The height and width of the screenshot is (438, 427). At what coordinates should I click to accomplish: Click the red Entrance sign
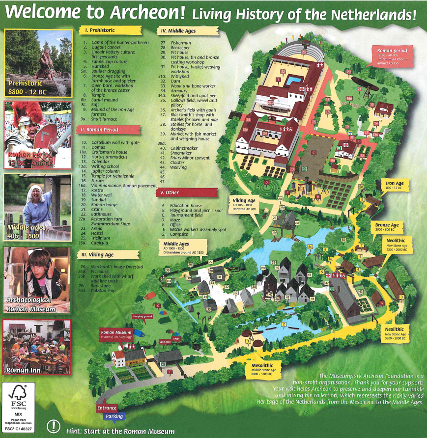pyautogui.click(x=107, y=408)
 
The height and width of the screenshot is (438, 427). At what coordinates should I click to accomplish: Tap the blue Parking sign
pyautogui.click(x=114, y=416)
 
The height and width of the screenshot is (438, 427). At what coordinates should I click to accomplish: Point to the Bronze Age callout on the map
pyautogui.click(x=388, y=228)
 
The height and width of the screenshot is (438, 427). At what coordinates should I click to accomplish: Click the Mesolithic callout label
pyautogui.click(x=262, y=369)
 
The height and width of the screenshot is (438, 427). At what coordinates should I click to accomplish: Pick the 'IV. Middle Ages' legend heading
pyautogui.click(x=176, y=30)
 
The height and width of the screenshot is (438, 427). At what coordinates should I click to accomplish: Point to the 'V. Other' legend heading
pyautogui.click(x=170, y=192)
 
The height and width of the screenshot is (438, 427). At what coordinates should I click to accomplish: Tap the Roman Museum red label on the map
pyautogui.click(x=116, y=334)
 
